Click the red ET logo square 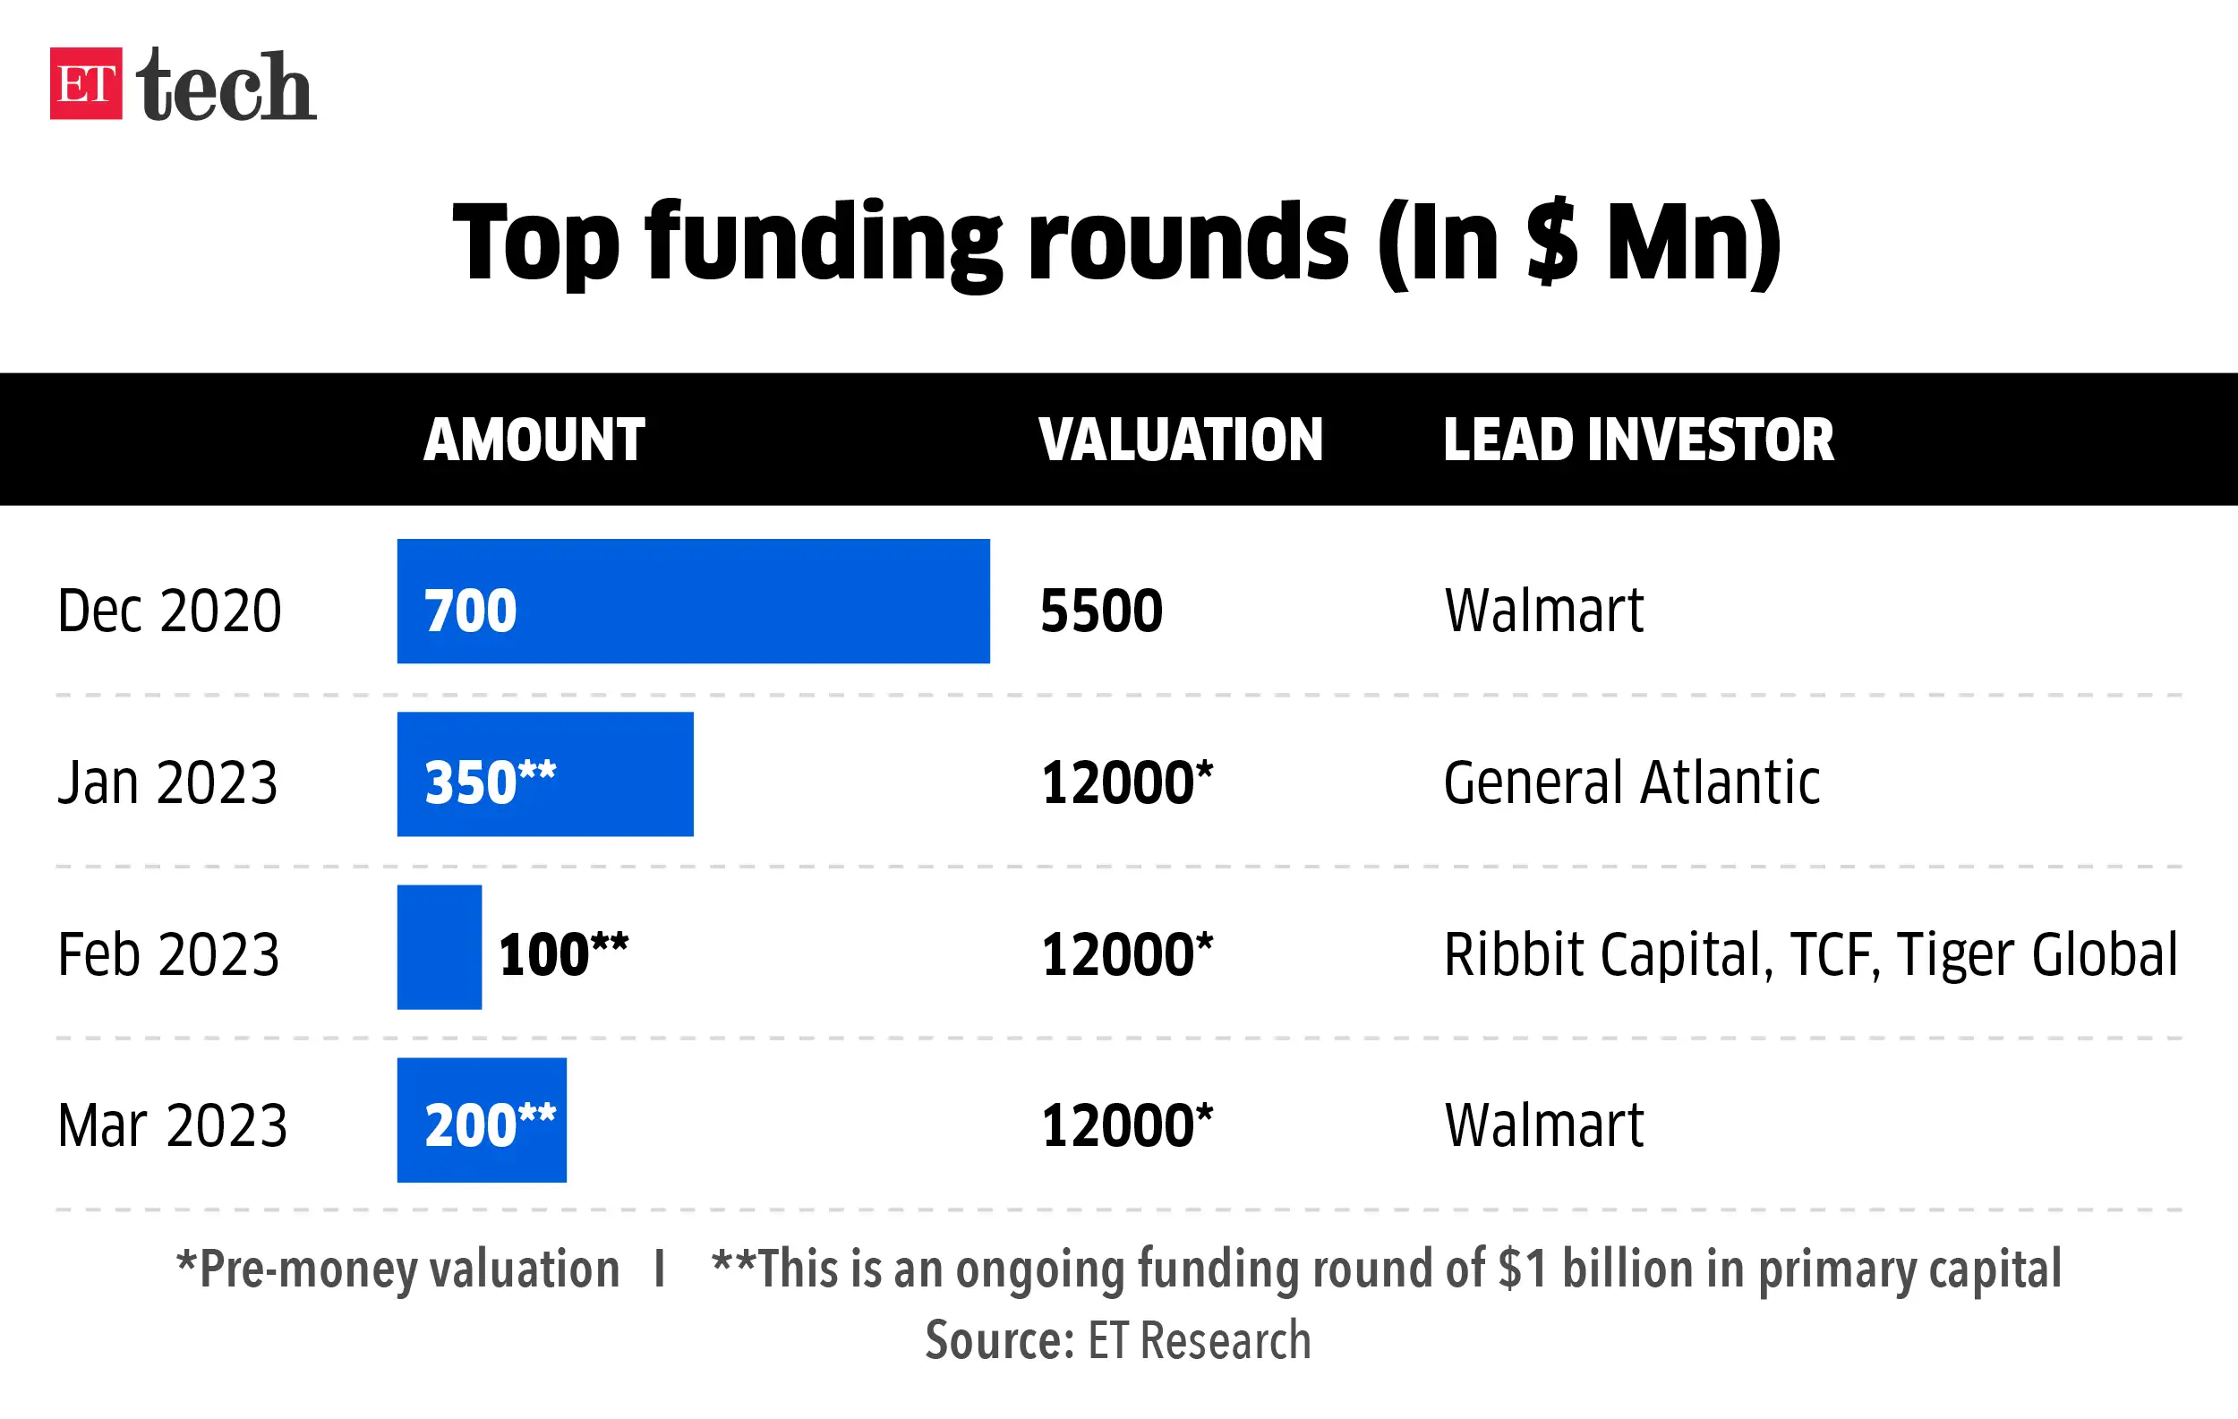tap(86, 83)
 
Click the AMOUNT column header tap(534, 440)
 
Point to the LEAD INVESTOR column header tap(1637, 440)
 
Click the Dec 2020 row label tap(169, 611)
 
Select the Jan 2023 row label tap(167, 782)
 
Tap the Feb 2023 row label tap(168, 954)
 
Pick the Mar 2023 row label tap(172, 1125)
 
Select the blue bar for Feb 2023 tap(439, 947)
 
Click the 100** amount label tap(563, 954)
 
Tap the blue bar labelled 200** tap(482, 1120)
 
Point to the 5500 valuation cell tap(1101, 611)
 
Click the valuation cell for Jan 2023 tap(1126, 782)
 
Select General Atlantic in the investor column tap(1631, 782)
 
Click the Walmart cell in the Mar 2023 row tap(1543, 1125)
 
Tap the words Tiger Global tap(2037, 954)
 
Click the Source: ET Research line tap(1118, 1340)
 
